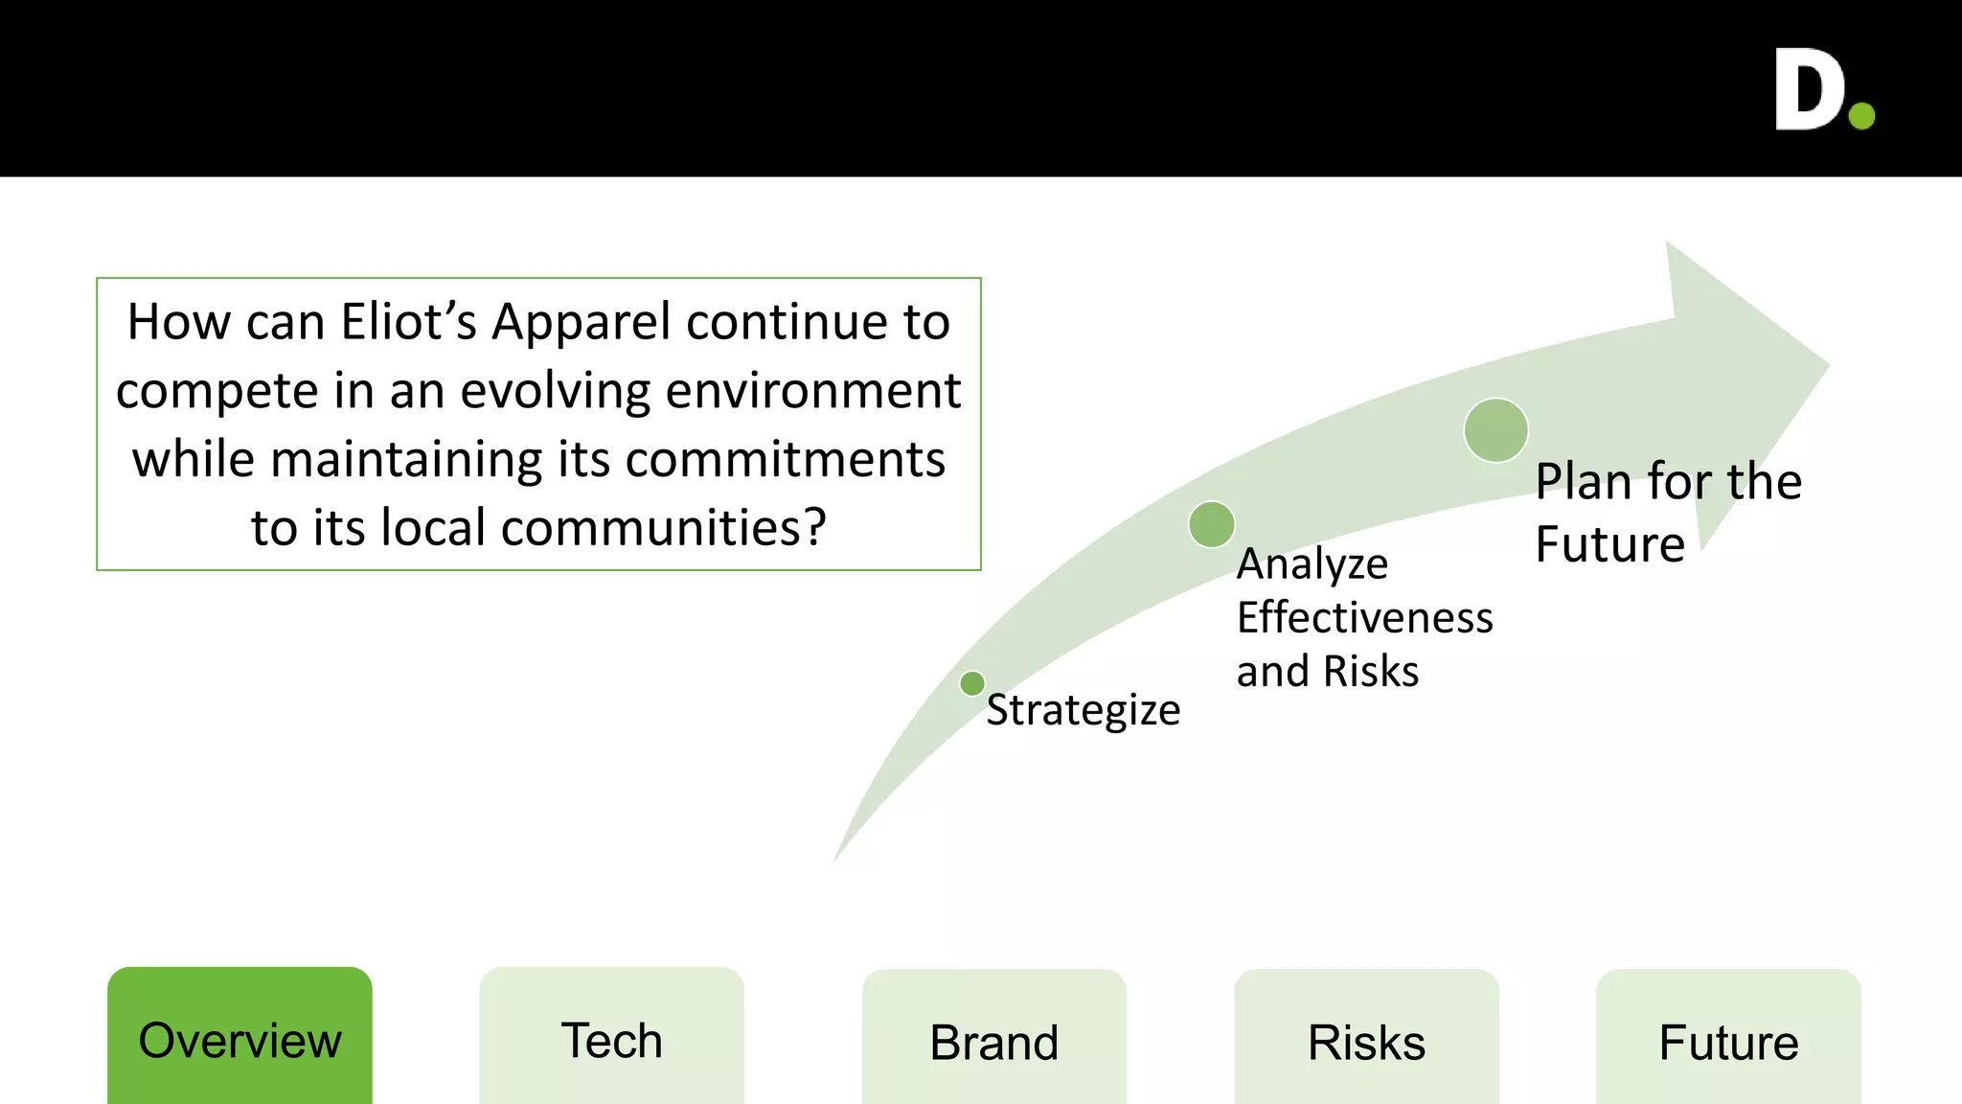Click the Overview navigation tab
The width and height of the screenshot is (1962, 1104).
[240, 1040]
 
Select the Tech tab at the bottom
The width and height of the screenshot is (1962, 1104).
[611, 1040]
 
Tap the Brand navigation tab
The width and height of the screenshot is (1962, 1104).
[994, 1042]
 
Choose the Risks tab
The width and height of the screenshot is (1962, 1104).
[1366, 1042]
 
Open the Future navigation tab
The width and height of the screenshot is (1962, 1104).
[1728, 1042]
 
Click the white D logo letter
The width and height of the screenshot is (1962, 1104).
[1809, 90]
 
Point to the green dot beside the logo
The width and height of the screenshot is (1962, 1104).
[1861, 116]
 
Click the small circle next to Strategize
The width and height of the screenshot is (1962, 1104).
[972, 683]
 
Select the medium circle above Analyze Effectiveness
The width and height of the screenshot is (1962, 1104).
[1212, 524]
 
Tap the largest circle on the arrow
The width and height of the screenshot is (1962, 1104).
[1495, 430]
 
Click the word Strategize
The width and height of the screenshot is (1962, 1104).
[1083, 710]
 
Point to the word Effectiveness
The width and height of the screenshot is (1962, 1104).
[1364, 617]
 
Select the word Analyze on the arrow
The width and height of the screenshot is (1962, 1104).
[1312, 563]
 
